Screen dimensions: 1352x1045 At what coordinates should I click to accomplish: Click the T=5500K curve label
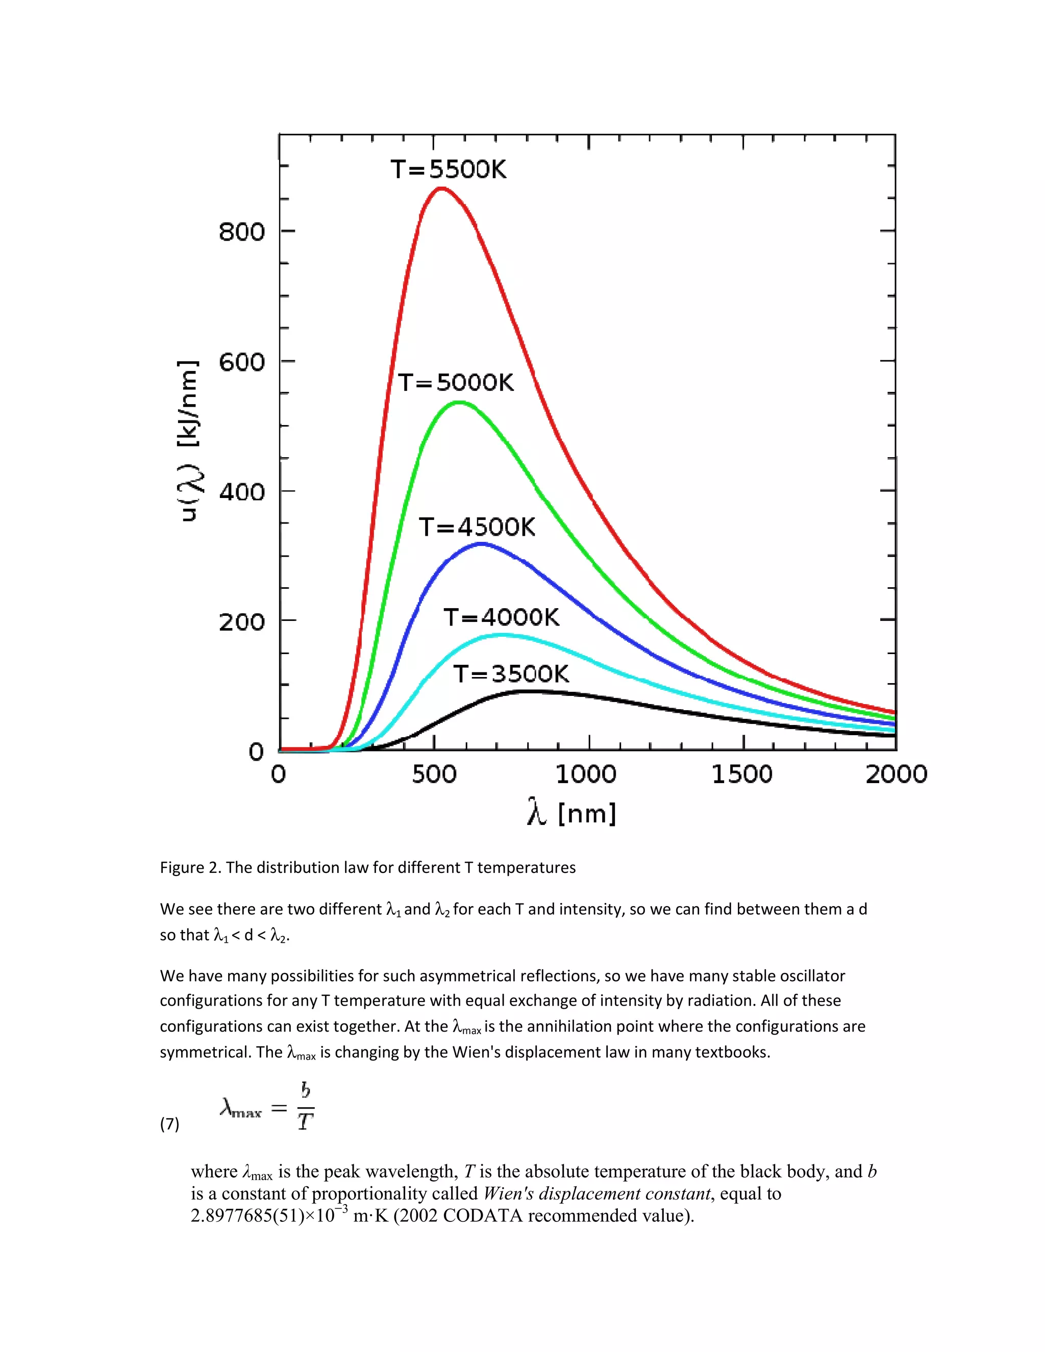(448, 169)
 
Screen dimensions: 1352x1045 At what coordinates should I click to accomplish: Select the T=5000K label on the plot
(456, 382)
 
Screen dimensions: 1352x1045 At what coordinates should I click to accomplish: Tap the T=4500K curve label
(477, 527)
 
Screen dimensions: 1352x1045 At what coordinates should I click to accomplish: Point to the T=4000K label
(501, 617)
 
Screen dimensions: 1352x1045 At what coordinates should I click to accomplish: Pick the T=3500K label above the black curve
(511, 673)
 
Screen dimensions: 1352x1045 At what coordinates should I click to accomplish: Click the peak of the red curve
(440, 188)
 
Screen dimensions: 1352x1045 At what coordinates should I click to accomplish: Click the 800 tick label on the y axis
(241, 232)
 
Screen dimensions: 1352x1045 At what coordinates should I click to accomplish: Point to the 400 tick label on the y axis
(241, 492)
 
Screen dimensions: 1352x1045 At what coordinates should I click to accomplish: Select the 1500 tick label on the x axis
(741, 774)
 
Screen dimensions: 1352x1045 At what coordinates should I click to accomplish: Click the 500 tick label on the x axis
(434, 774)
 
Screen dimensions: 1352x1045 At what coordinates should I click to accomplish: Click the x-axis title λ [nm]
(571, 813)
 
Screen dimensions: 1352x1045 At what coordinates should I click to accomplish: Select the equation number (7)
(169, 1123)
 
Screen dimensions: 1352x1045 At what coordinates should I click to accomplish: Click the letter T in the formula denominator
(305, 1121)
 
